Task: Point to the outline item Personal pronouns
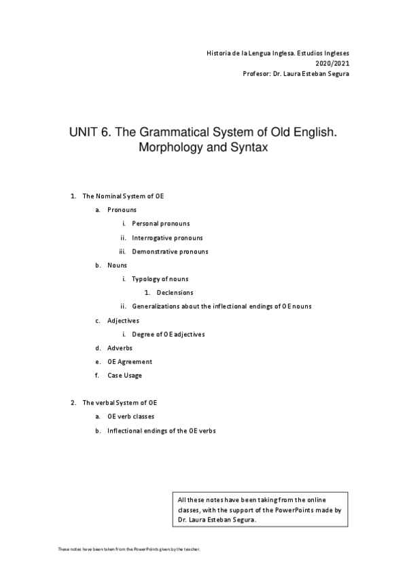point(160,223)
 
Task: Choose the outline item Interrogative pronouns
point(167,238)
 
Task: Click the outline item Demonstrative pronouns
point(170,251)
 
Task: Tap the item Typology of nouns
point(160,279)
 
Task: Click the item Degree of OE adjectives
point(169,334)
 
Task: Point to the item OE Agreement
point(130,361)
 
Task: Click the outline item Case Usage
point(124,376)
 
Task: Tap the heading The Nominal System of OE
point(123,196)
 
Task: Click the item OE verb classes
point(135,416)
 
